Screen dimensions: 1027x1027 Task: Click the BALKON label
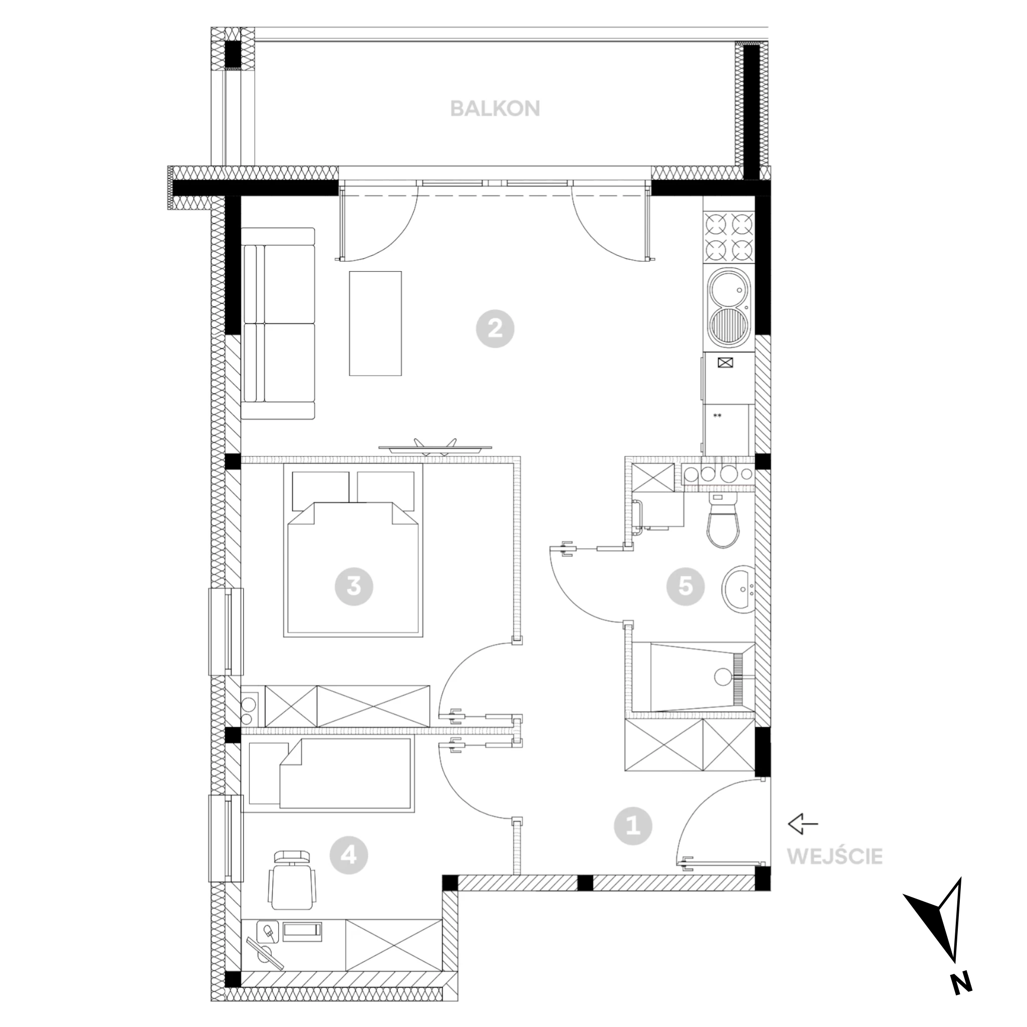[x=495, y=109]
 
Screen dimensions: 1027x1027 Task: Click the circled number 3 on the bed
[x=354, y=586]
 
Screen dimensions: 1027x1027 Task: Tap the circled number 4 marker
[x=349, y=855]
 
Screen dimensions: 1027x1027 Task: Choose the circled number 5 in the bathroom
[x=686, y=586]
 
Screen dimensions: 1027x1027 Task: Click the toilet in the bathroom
[x=724, y=522]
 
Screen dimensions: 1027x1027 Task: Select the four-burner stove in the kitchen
[x=729, y=238]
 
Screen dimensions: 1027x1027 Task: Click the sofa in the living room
[x=278, y=324]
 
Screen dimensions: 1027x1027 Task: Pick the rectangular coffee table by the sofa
[x=375, y=323]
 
